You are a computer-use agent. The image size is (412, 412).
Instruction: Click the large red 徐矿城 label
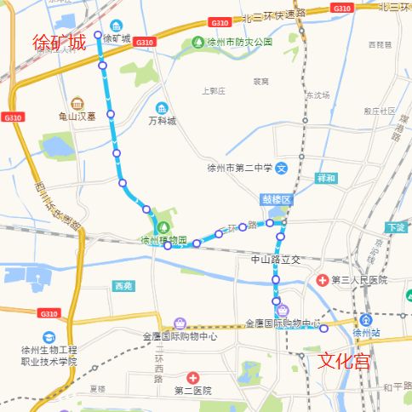(60, 43)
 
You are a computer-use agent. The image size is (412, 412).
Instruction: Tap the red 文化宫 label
(345, 361)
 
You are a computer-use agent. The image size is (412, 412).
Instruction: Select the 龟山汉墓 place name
(77, 118)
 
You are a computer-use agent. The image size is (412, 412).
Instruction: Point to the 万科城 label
(162, 122)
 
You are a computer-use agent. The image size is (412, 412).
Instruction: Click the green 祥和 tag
(326, 179)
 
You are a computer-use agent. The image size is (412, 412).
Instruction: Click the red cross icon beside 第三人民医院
(323, 279)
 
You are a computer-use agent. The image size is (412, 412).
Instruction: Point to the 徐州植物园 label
(163, 241)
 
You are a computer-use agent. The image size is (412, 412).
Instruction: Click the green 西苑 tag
(123, 287)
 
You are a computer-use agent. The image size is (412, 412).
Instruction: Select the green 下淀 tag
(395, 228)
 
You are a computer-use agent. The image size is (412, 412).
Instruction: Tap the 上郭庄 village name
(212, 90)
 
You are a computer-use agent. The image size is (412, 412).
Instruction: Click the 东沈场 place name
(318, 95)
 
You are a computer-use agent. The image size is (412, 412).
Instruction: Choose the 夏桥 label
(99, 388)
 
